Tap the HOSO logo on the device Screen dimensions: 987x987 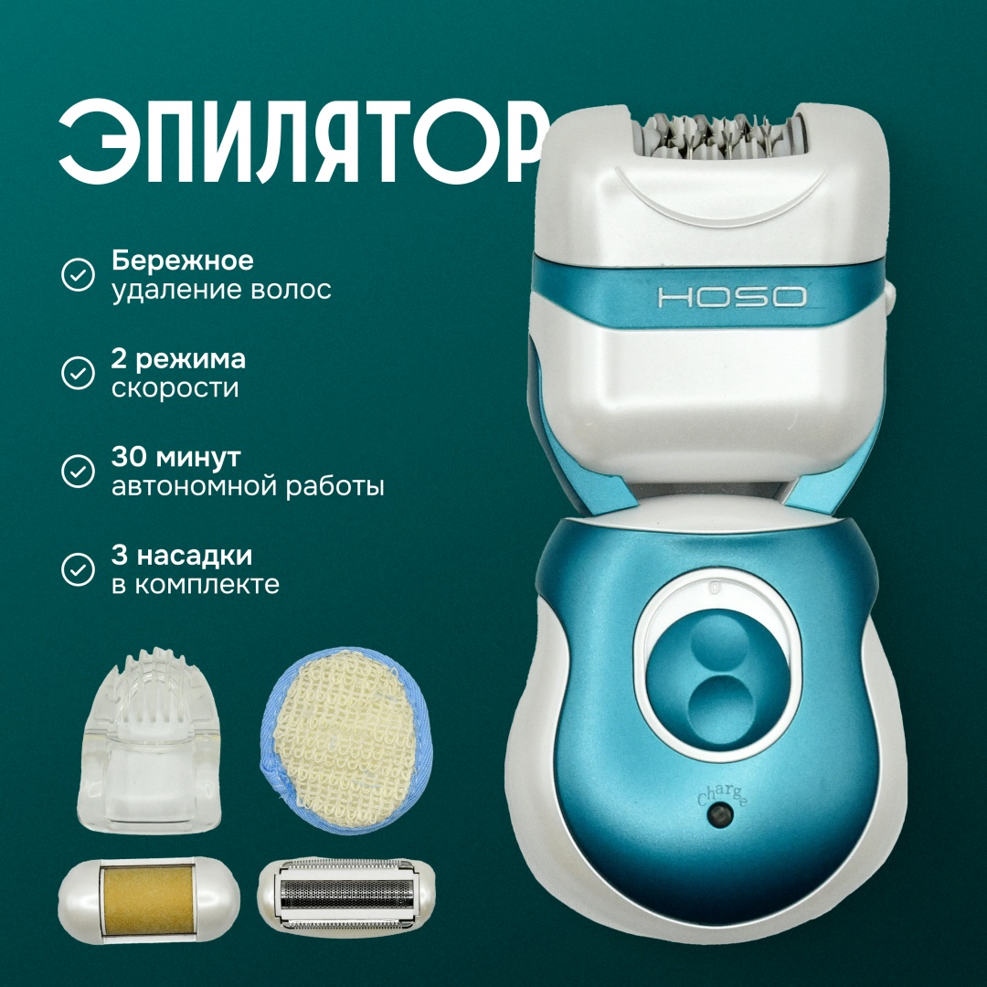coord(731,297)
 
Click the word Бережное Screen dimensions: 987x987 coord(183,260)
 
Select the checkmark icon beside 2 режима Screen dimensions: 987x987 coord(78,373)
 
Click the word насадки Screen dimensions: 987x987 coord(195,557)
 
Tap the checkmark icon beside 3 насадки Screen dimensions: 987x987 coord(78,569)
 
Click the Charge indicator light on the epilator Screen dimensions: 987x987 coord(720,815)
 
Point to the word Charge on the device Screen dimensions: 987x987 coord(722,795)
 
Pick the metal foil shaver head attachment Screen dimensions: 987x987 coord(346,894)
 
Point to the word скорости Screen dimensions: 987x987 coord(175,388)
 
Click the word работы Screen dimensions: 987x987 coord(339,486)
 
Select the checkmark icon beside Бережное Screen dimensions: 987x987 coord(78,274)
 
